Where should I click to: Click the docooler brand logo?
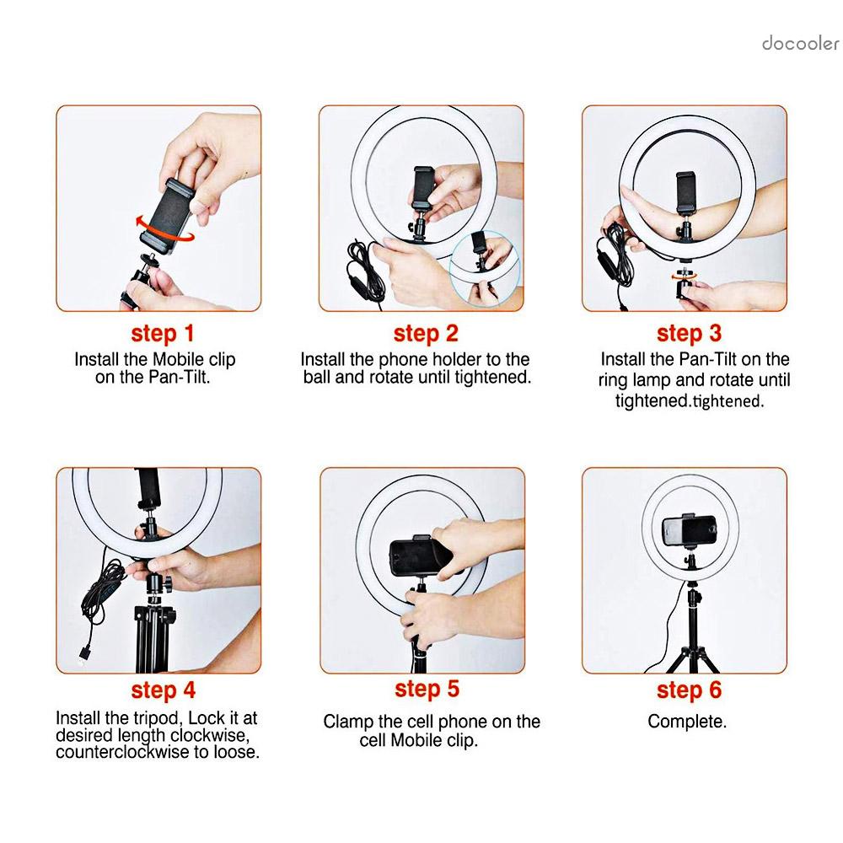tap(801, 44)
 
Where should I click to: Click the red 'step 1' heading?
tap(163, 334)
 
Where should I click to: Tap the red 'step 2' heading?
tap(426, 334)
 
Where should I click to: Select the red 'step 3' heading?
tap(689, 334)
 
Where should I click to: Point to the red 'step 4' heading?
tap(163, 691)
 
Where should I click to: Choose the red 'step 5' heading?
tap(427, 690)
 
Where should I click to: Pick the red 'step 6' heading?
tap(689, 691)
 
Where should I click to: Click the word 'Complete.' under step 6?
tap(687, 722)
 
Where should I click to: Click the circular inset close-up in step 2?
tap(485, 266)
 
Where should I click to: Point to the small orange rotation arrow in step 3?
tap(684, 277)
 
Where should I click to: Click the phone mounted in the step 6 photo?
tap(690, 530)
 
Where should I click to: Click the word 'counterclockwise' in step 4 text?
tap(122, 752)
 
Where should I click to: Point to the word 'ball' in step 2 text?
tap(317, 378)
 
